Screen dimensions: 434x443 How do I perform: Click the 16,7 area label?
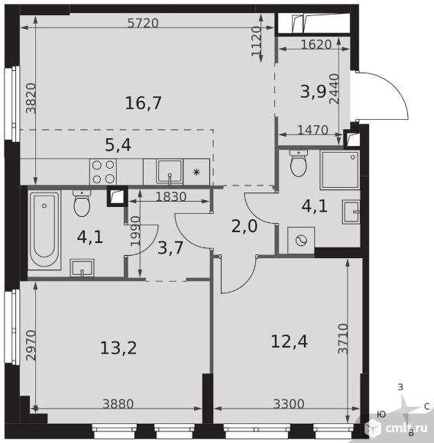coord(143,103)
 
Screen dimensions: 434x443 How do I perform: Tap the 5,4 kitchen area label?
coord(118,145)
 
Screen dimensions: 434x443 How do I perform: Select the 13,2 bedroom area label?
coord(118,348)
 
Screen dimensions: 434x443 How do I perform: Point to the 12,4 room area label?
coord(289,341)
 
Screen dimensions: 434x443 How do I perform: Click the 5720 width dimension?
coord(143,23)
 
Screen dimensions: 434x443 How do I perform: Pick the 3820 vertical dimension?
coord(31,98)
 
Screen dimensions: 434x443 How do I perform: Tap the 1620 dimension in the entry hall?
coord(316,44)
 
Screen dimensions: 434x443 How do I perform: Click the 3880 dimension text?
coord(118,404)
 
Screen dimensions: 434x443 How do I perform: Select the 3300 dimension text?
coord(289,404)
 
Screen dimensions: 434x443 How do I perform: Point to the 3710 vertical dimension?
coord(343,339)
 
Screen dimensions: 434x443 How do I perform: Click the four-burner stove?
coord(103,172)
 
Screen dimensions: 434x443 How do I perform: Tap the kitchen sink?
coord(170,172)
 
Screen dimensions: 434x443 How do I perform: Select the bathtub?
coord(44,230)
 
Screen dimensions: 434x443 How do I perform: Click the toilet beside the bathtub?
coord(82,203)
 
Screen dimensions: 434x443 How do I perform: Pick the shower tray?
coord(340,170)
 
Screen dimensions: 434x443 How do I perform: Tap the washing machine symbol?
coord(301,241)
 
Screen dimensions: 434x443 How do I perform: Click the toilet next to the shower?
coord(298,163)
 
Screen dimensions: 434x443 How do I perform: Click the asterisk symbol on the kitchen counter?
coord(196,172)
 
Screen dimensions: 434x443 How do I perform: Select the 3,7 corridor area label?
coord(170,248)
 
